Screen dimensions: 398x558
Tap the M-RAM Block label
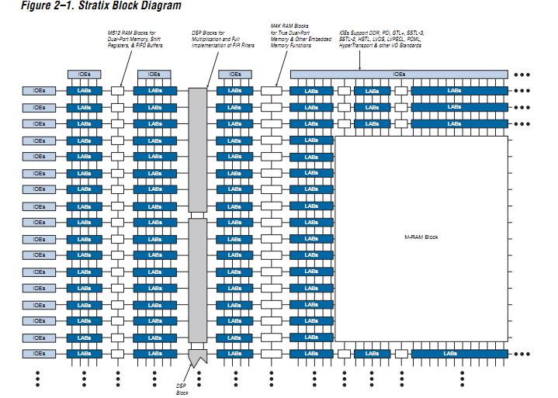421,237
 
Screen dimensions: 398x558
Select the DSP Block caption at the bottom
181,388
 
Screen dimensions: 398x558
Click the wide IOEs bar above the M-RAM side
399,74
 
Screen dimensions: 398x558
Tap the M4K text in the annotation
276,27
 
